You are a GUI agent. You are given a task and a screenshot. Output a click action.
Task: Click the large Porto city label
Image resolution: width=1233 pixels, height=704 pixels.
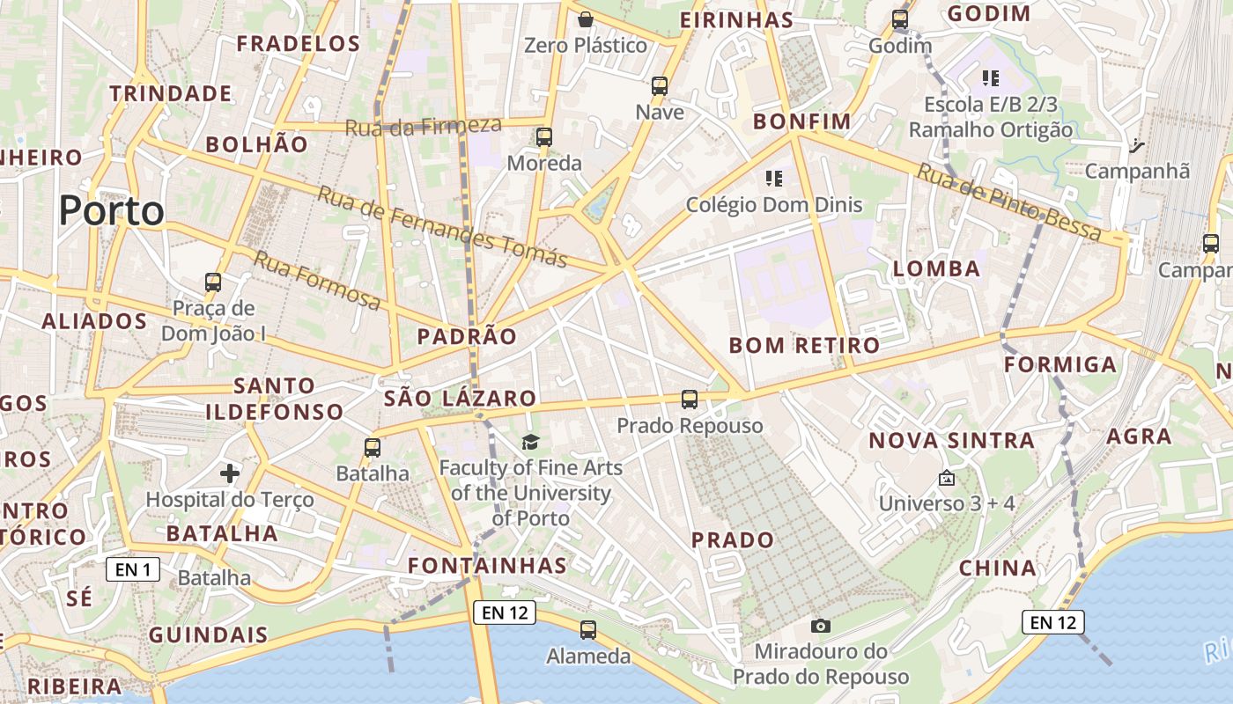(112, 211)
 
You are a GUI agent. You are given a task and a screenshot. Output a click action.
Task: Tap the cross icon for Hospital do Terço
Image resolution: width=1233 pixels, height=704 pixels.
(230, 474)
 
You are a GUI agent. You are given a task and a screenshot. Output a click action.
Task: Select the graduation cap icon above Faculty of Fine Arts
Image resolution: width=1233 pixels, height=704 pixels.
(530, 442)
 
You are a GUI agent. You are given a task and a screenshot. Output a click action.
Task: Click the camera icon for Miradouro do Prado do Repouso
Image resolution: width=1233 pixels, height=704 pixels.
(821, 626)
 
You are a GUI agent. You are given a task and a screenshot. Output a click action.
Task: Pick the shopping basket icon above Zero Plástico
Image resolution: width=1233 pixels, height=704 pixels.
(586, 19)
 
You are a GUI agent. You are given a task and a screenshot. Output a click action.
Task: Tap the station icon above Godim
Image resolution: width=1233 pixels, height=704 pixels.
(899, 18)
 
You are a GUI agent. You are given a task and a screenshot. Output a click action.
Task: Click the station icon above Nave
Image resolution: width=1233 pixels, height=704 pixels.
(660, 86)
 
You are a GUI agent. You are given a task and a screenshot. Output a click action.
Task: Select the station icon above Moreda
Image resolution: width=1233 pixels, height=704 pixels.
(544, 137)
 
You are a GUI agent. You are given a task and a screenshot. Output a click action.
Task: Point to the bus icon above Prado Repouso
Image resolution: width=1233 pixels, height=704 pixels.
(690, 400)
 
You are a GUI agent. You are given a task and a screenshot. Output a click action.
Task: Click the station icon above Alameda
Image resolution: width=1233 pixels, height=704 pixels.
(588, 630)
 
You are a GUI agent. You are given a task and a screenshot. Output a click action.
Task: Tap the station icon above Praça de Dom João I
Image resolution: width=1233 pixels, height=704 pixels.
(213, 282)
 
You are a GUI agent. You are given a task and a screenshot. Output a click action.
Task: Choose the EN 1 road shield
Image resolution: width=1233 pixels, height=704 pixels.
(133, 569)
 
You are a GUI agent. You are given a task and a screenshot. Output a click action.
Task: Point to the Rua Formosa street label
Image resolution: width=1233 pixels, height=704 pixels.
(317, 281)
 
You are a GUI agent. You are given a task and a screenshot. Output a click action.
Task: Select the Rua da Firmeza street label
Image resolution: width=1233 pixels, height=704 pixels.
(423, 126)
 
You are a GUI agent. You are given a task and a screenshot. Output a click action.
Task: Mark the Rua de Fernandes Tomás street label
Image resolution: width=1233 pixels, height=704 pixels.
(442, 226)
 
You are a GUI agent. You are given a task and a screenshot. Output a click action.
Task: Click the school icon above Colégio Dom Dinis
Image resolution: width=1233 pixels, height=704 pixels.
(774, 179)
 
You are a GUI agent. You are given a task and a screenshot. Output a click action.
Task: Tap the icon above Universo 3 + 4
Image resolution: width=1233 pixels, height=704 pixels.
(947, 478)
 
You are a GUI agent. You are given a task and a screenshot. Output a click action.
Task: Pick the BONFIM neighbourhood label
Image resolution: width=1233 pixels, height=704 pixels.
(801, 121)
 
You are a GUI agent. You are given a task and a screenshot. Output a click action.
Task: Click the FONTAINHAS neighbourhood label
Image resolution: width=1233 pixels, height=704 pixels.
(488, 565)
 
